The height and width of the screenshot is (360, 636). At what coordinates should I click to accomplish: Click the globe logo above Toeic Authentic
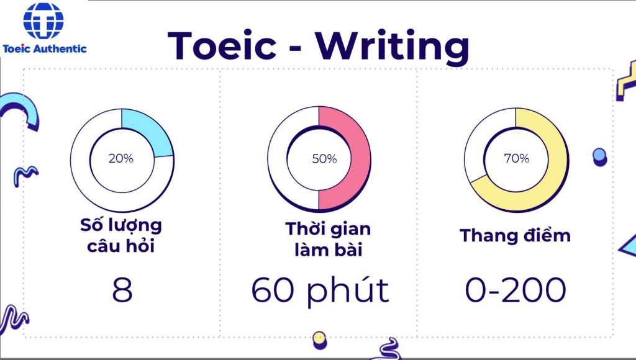click(x=43, y=20)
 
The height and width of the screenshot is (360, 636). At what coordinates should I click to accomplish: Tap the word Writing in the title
click(x=393, y=47)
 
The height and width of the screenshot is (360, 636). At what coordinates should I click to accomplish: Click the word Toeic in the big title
click(x=222, y=45)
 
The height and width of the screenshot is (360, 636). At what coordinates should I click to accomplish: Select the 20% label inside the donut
click(x=121, y=158)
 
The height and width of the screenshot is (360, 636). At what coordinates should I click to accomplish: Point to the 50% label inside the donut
click(x=324, y=158)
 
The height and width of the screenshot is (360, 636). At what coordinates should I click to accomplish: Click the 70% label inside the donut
click(x=516, y=158)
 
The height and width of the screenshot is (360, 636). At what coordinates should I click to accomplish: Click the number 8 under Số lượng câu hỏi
click(x=122, y=290)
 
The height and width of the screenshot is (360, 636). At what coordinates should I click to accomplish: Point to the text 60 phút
click(x=320, y=290)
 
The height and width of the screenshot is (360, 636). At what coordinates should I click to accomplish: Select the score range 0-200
click(x=515, y=290)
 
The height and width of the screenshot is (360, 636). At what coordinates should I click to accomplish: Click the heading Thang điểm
click(x=515, y=235)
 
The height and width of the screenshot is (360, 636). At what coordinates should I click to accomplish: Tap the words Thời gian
click(x=328, y=228)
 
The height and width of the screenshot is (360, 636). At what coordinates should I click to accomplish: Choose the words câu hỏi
click(x=121, y=246)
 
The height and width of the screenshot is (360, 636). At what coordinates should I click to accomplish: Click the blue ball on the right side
click(x=599, y=156)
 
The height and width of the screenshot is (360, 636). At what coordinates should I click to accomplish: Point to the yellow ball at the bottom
click(x=320, y=340)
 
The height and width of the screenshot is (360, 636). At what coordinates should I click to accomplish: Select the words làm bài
click(x=328, y=250)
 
